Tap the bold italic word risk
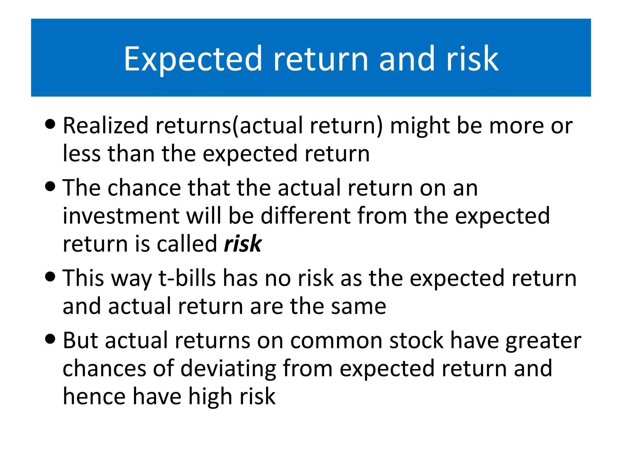(242, 244)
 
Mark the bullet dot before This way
(50, 276)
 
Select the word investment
(121, 216)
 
